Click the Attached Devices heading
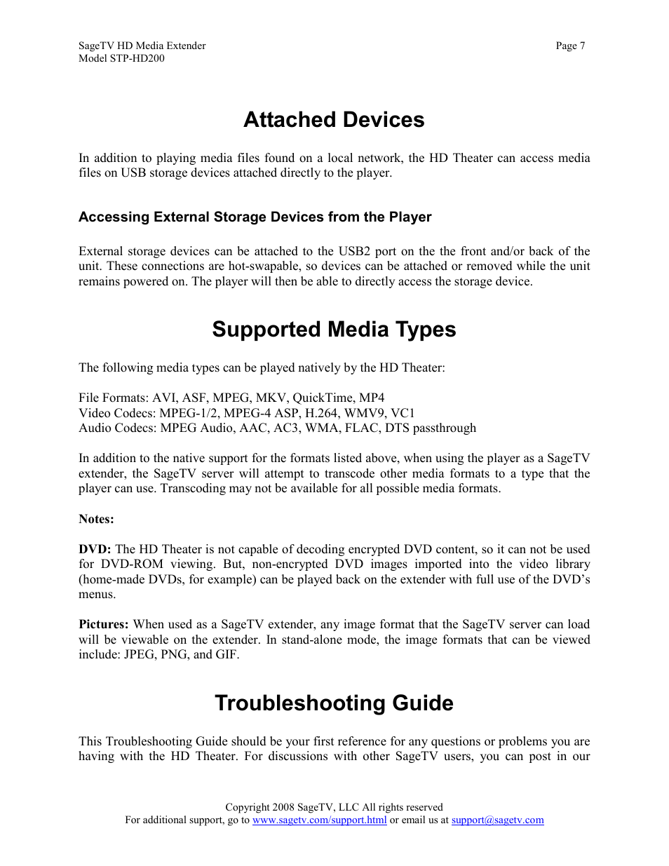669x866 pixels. coord(334,120)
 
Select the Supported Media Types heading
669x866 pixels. coord(334,330)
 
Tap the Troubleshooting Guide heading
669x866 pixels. coord(334,703)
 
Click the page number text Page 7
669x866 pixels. coord(570,46)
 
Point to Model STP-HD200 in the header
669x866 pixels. coord(121,59)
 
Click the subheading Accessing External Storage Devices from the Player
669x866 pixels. coord(255,217)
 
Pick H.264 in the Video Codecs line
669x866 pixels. coord(321,414)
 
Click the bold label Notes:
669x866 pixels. coord(96,520)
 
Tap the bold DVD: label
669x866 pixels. coord(95,550)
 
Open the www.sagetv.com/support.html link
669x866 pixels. coord(319,820)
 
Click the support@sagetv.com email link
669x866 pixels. coord(497,820)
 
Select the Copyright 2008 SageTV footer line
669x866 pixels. coord(334,808)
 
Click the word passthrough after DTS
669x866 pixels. coord(444,428)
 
